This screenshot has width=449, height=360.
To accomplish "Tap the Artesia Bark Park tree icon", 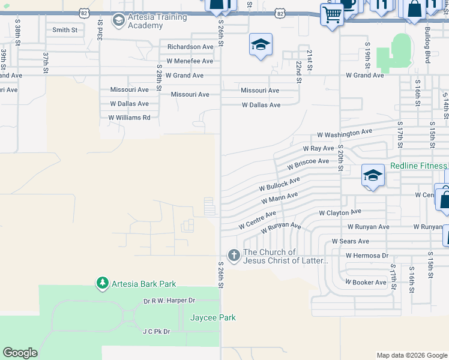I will pos(103,283).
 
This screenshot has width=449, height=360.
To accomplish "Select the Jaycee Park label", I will pos(213,317).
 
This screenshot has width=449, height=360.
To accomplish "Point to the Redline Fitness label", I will pos(419,166).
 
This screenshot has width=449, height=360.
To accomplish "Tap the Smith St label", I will pos(65,29).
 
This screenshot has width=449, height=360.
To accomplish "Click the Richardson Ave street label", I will pos(190,47).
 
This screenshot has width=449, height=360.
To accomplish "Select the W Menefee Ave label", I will pos(190,61).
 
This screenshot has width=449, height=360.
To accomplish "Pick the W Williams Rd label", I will pos(129,118).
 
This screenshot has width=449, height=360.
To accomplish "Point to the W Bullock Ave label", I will pos(279,184).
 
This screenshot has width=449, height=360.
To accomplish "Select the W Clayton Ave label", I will pos(340,212).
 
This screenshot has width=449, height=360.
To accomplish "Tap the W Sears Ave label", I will pos(351,241).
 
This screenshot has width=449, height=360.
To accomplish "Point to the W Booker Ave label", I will pos(366,282).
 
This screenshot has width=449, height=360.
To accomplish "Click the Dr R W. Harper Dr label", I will pos(169,300).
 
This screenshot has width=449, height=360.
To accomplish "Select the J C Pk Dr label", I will pos(156,331).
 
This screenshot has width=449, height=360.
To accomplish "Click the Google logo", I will pos(20,353).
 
